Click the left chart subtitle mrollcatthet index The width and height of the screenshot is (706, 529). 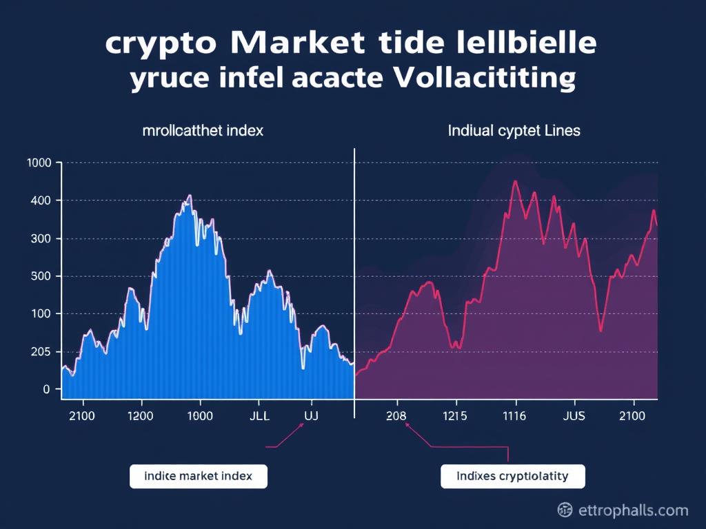coord(203,130)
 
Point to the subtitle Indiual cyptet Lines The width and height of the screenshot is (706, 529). coord(514,130)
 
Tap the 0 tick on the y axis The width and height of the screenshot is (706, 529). coord(47,389)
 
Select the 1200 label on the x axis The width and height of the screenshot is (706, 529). coord(141,416)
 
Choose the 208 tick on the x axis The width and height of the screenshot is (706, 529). coord(396,416)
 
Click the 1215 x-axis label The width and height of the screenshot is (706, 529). coord(454,416)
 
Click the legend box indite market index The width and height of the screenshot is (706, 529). coord(199,476)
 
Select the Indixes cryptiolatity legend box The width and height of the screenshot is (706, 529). coord(512,476)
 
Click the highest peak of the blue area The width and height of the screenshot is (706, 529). coord(190,196)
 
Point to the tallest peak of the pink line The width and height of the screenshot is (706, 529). coord(514,181)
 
